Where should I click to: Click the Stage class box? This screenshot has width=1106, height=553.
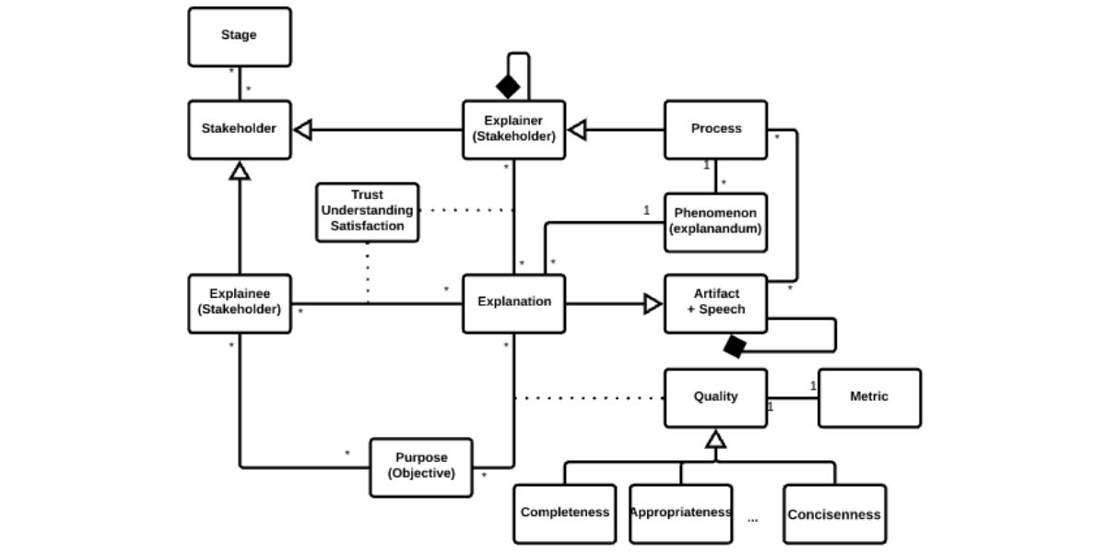click(239, 37)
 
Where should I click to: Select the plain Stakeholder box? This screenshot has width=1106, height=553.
click(239, 129)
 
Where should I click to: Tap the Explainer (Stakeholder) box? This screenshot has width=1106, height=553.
click(513, 129)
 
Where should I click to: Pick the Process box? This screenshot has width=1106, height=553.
click(716, 129)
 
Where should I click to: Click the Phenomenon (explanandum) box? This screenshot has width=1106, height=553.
click(716, 222)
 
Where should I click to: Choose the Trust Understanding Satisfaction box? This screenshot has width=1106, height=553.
click(367, 211)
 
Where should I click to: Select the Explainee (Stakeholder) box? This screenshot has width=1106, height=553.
click(239, 302)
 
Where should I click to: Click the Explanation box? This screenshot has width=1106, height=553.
click(513, 302)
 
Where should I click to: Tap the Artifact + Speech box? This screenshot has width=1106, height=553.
click(716, 302)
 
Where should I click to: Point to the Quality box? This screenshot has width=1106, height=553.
click(716, 397)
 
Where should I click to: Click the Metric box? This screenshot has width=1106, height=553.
click(869, 397)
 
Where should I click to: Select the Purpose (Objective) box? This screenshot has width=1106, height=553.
click(421, 466)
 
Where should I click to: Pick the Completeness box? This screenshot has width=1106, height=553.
click(564, 513)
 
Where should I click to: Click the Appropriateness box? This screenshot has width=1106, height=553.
click(680, 513)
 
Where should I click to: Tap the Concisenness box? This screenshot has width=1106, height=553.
click(834, 513)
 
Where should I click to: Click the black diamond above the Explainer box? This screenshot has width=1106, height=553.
click(508, 88)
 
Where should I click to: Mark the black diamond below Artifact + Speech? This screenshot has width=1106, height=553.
click(735, 347)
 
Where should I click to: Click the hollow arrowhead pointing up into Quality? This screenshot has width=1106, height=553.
click(716, 439)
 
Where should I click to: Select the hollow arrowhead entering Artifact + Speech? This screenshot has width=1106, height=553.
click(653, 302)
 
